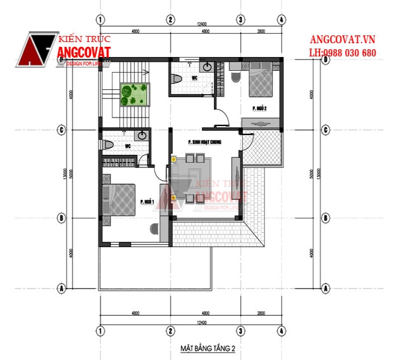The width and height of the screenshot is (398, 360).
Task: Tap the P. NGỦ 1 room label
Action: click(x=147, y=202)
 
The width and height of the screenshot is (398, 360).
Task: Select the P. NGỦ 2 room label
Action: click(x=259, y=108)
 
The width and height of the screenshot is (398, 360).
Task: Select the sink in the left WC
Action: click(x=142, y=136)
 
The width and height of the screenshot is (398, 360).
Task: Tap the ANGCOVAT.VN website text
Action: click(x=342, y=40)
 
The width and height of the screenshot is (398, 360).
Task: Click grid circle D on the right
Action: click(x=326, y=59)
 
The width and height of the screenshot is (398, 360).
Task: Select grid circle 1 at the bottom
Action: click(x=100, y=331)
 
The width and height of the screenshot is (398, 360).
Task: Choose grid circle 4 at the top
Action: click(x=281, y=20)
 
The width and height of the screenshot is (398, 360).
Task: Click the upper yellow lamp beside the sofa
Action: click(x=174, y=160)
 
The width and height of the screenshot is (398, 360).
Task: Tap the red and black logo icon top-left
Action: click(x=36, y=51)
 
